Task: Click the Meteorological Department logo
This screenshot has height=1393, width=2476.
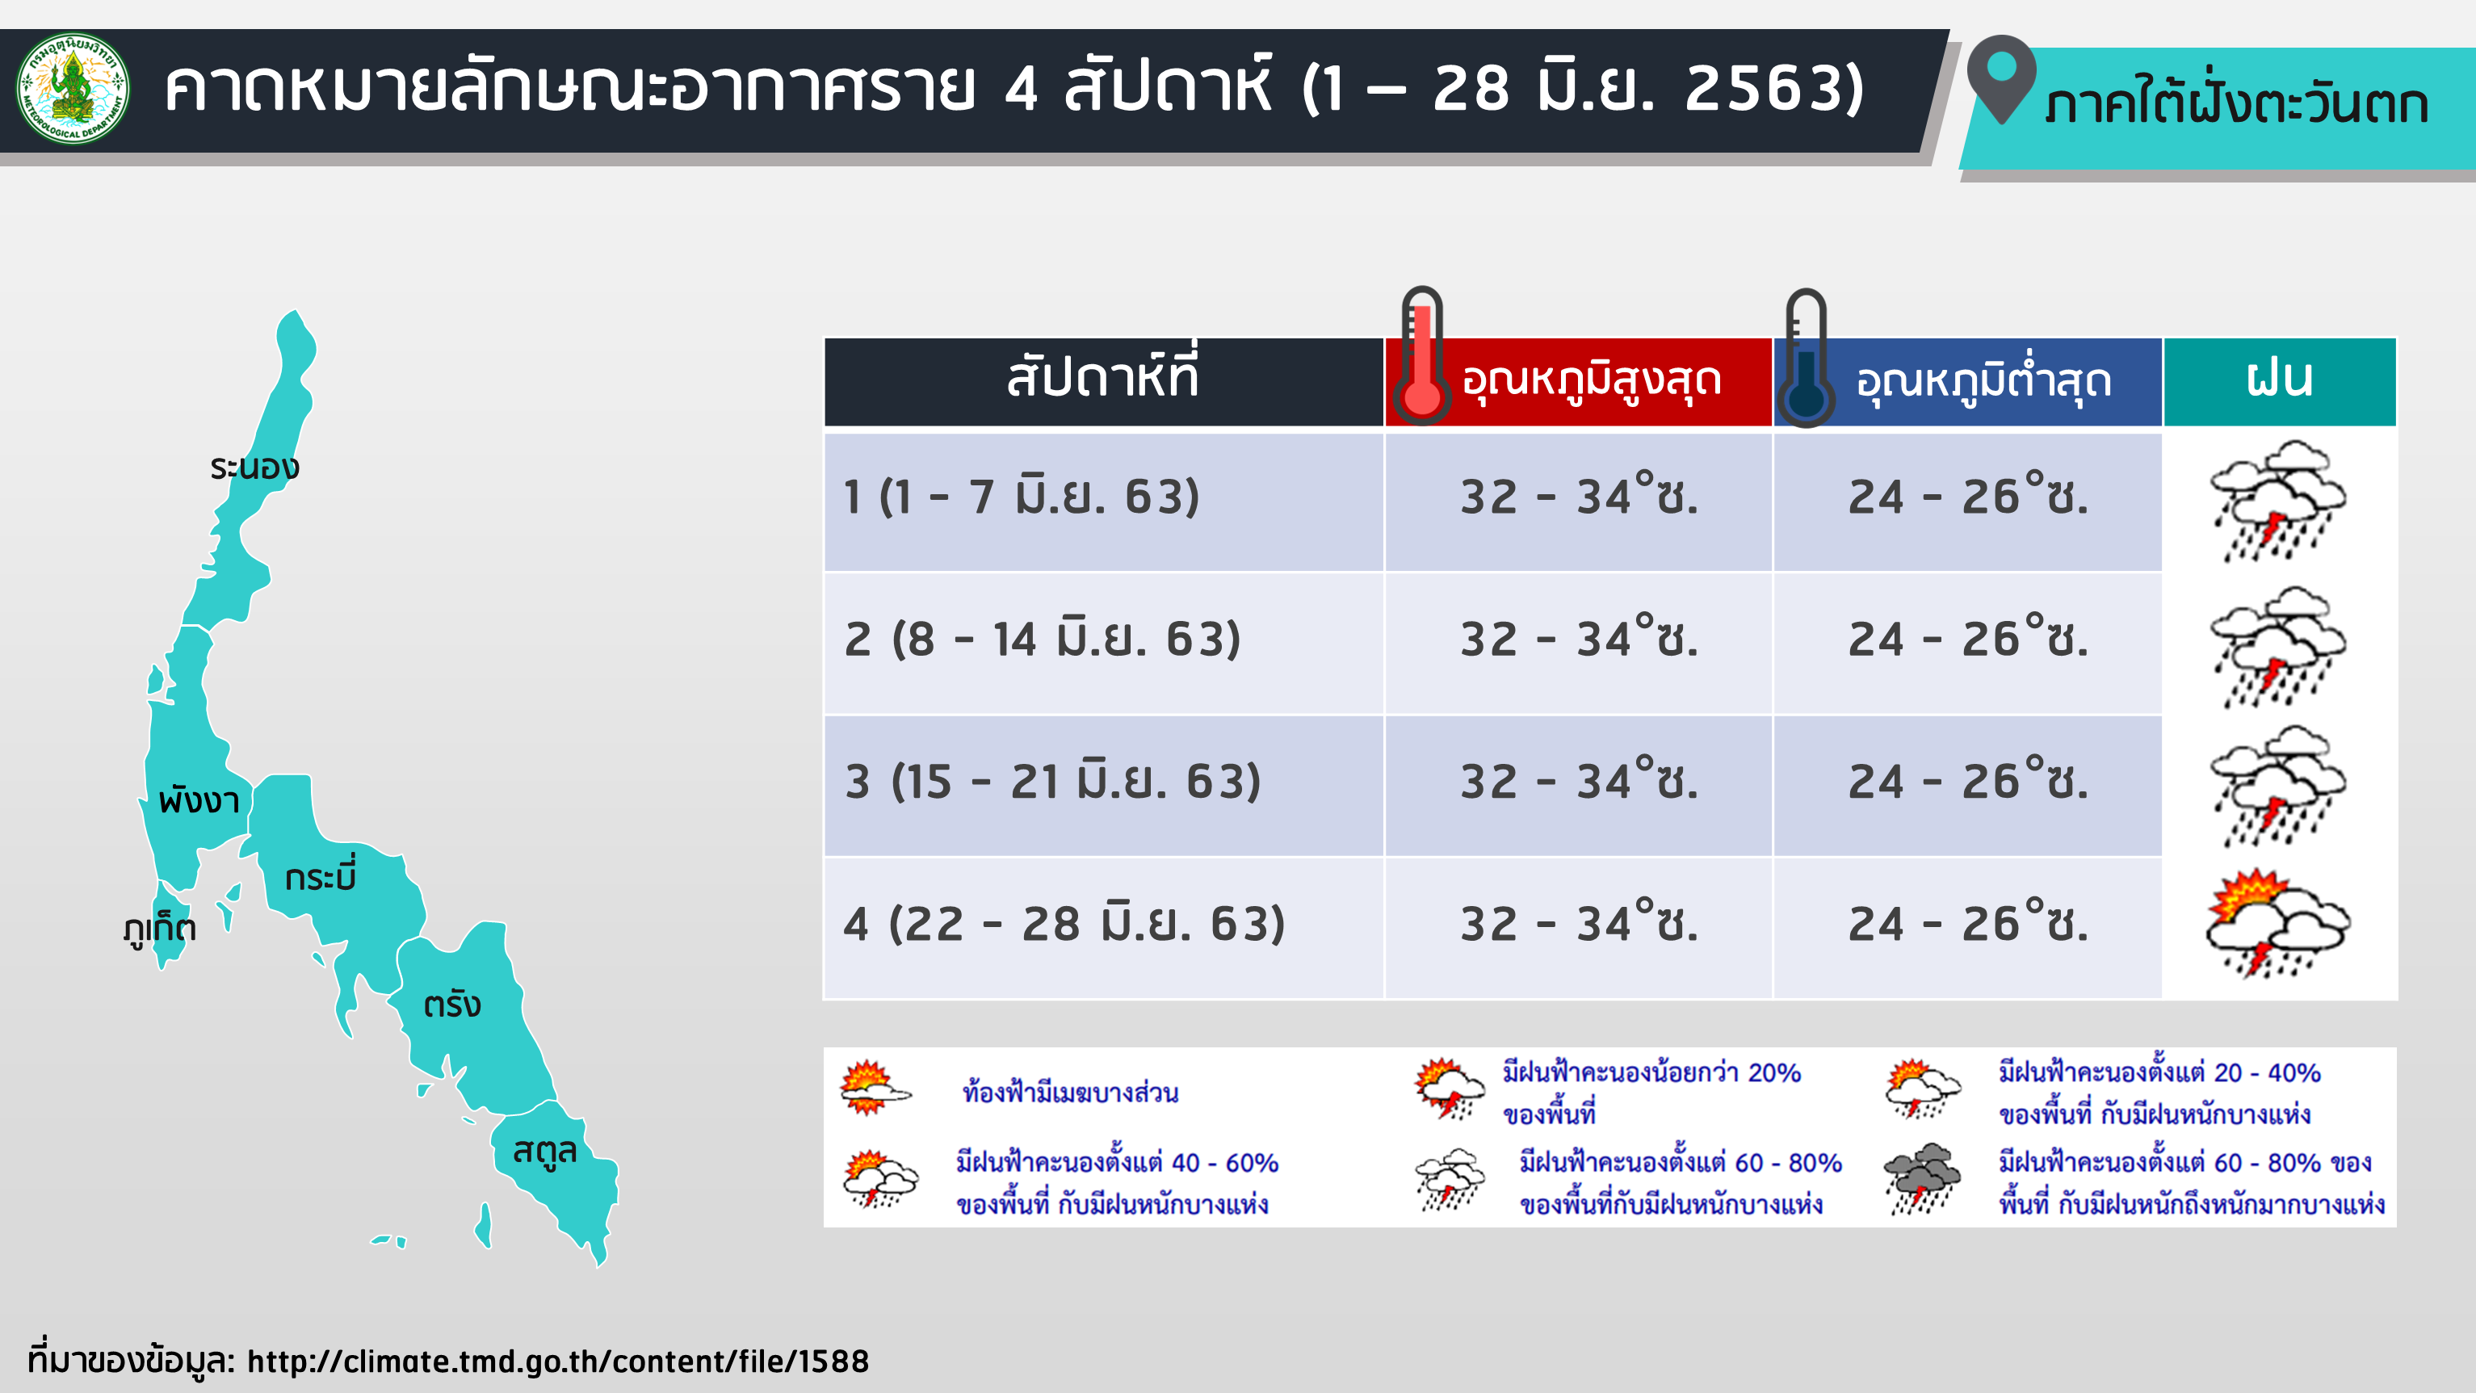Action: point(73,90)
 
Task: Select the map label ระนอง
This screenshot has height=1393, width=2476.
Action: point(254,468)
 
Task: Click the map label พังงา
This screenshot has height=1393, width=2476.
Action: point(199,799)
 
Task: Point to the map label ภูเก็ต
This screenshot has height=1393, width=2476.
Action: point(161,928)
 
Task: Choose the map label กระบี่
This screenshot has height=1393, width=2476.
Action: point(321,874)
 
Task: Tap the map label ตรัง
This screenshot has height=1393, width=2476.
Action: point(451,1004)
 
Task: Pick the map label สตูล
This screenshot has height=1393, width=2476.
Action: point(544,1151)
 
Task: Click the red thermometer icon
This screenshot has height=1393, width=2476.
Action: point(1421,355)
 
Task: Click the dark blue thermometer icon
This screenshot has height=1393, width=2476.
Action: point(1806,358)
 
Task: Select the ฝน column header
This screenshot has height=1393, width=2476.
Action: point(2280,379)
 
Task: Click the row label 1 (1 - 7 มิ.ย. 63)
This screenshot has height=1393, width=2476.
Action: point(1022,497)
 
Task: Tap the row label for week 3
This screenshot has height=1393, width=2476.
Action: point(1052,781)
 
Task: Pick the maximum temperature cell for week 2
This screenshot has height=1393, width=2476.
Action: point(1580,638)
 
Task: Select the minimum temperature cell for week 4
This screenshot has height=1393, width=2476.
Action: point(1969,923)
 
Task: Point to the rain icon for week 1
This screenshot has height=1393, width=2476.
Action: point(2278,501)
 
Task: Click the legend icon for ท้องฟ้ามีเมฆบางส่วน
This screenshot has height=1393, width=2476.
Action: point(874,1089)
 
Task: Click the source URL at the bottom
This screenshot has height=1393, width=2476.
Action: point(557,1361)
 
